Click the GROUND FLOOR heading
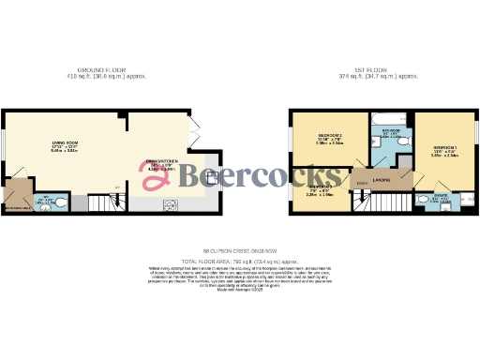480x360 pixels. click(x=103, y=70)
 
